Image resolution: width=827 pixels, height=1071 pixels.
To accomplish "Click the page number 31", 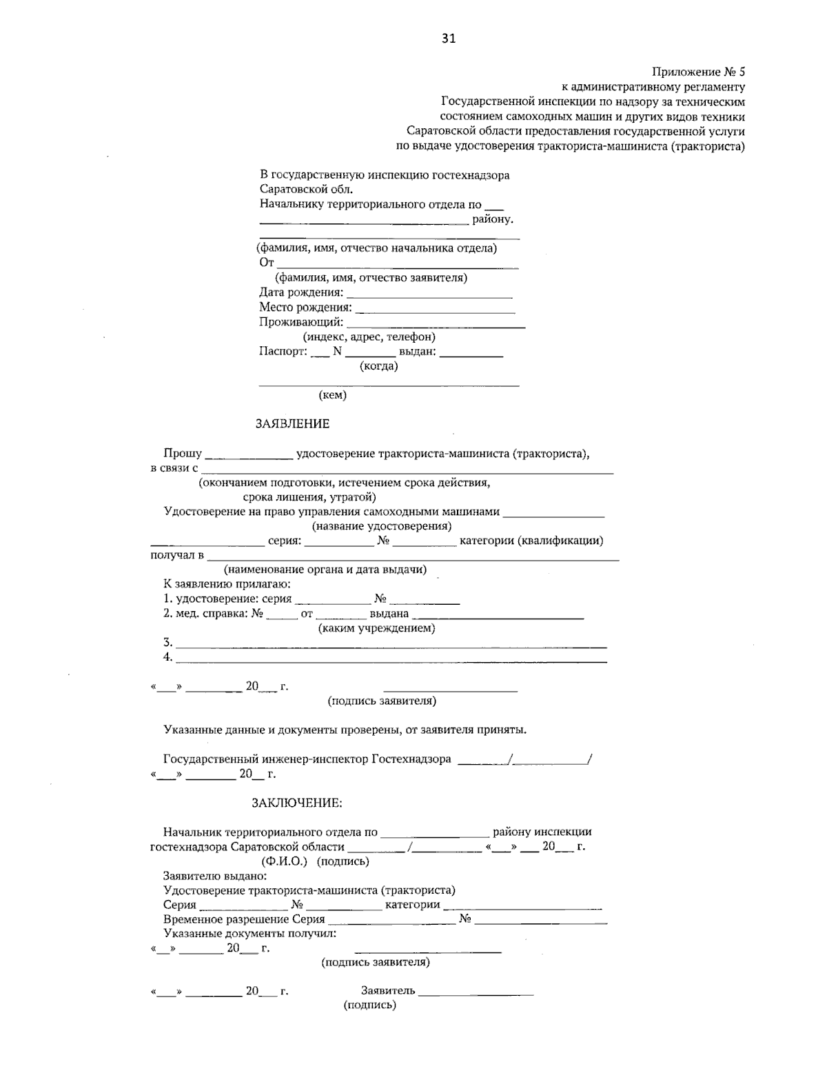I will [x=448, y=39].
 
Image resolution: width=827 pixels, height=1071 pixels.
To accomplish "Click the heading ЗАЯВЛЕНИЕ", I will [x=292, y=423].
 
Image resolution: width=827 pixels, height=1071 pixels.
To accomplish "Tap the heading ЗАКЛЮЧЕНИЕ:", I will [x=296, y=803].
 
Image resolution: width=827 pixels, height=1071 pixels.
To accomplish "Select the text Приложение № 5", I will [x=698, y=72].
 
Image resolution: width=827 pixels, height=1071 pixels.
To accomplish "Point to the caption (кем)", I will [x=332, y=395].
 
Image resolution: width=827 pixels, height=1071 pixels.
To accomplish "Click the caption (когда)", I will [x=378, y=366].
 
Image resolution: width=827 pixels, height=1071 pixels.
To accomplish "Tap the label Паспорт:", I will [x=283, y=351].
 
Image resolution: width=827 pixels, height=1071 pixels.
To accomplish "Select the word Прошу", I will [x=183, y=453].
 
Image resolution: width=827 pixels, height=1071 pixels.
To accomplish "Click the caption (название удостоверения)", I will [x=382, y=526].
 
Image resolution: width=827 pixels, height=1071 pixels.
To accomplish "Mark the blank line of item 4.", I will [x=391, y=661].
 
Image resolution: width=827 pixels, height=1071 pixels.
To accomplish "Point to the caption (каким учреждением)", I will [x=376, y=628].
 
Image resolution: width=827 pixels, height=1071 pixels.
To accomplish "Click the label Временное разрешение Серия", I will [x=244, y=919].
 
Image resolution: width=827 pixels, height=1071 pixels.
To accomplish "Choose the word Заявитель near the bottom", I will [x=388, y=990].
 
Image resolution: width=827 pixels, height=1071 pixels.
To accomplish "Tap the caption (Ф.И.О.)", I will [x=284, y=861].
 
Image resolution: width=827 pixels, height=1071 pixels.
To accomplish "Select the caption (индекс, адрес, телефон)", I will [x=369, y=337].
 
